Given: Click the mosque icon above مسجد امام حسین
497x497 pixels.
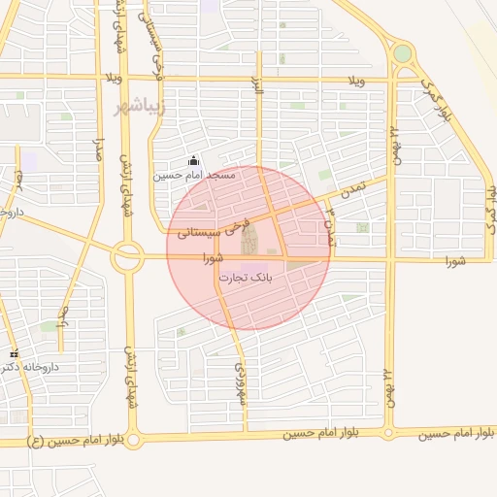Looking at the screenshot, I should coord(194,161).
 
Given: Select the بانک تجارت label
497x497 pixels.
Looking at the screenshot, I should coord(246,278).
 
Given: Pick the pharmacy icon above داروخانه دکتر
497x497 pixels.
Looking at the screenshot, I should coord(14,353).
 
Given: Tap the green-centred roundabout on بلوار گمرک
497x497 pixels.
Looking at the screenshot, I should coord(402,54).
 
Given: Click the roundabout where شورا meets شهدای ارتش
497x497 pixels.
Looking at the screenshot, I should coord(127,257).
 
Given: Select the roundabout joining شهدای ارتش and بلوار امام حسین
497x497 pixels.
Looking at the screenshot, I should coord(133,440).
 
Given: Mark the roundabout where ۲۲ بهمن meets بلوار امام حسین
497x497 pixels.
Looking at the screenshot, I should coord(389,432).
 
